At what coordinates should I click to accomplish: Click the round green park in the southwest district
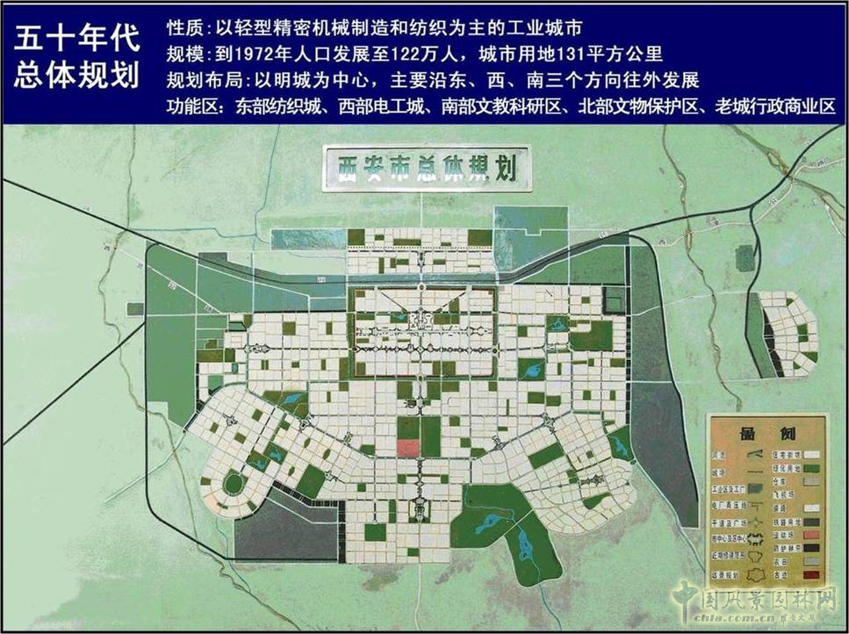[234, 484]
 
